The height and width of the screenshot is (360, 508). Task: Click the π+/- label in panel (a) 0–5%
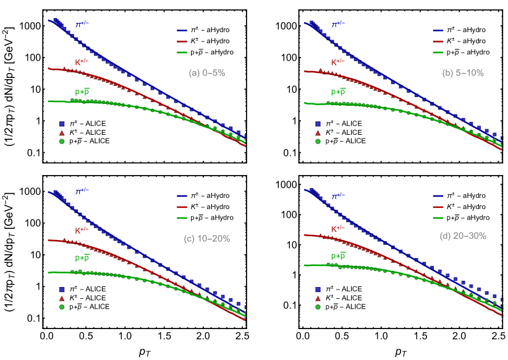pos(82,25)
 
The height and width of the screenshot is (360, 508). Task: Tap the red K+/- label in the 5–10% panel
pos(338,62)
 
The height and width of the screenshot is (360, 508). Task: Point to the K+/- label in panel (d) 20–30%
pos(338,228)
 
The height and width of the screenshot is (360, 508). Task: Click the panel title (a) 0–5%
pos(206,73)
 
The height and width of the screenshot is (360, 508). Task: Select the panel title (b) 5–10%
pos(463,73)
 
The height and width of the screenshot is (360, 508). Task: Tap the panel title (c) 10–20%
pos(207,239)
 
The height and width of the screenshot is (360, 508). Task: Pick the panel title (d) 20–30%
pos(463,236)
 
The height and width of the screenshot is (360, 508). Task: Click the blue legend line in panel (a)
pos(182,30)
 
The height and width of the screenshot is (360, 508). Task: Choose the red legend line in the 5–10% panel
pos(438,41)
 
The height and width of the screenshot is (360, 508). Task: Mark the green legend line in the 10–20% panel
pos(182,218)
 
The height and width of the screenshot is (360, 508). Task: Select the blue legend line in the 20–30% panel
pos(438,196)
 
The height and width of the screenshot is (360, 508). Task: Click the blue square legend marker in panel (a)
pos(62,123)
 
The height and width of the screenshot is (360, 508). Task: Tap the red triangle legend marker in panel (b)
pos(318,132)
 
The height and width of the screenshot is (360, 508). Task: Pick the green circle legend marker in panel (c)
pos(62,307)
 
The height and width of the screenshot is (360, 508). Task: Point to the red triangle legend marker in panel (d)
pos(318,298)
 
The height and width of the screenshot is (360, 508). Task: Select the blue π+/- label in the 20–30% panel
pos(338,196)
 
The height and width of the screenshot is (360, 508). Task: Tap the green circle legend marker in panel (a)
pos(62,142)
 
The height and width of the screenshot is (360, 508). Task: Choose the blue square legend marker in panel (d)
pos(318,289)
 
